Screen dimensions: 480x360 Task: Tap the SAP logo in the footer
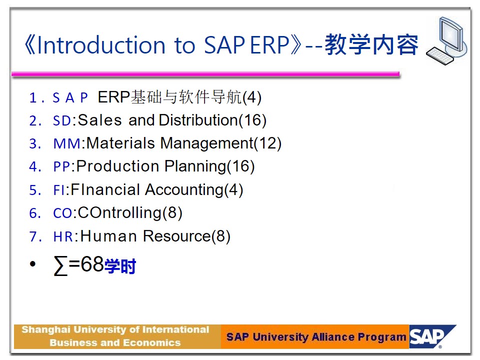tap(432, 336)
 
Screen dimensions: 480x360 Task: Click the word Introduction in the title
tap(101, 45)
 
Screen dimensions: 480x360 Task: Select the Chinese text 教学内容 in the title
tap(371, 44)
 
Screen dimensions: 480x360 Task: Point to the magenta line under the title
tap(205, 74)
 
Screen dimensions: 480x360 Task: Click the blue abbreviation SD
tap(62, 120)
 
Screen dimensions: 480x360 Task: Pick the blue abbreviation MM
tap(67, 144)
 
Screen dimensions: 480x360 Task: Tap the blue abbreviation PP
tap(62, 167)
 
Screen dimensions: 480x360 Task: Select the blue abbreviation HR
tap(63, 236)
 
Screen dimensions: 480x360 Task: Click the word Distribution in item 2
tap(198, 120)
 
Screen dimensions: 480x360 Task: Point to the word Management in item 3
tap(207, 143)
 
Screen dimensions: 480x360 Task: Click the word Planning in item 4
tap(195, 166)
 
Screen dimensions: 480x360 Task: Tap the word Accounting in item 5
tap(184, 189)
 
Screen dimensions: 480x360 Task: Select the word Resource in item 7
tap(177, 236)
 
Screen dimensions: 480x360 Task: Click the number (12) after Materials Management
tap(267, 143)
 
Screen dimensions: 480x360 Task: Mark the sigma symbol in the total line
tap(60, 265)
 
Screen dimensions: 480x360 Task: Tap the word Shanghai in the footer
tap(46, 330)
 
